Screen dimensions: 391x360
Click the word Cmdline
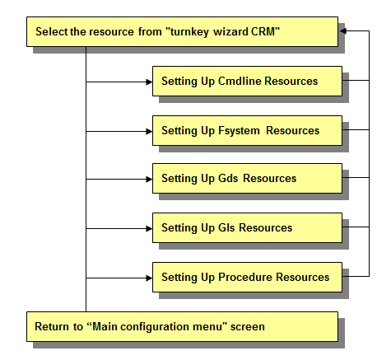pyautogui.click(x=240, y=81)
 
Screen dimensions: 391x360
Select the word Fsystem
pyautogui.click(x=239, y=131)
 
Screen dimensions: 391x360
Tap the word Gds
pyautogui.click(x=228, y=179)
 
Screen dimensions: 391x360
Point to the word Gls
pyautogui.click(x=226, y=227)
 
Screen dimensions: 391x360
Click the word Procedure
pyautogui.click(x=245, y=277)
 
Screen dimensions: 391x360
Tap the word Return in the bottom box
pyautogui.click(x=52, y=326)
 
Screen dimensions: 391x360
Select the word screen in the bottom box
pyautogui.click(x=248, y=327)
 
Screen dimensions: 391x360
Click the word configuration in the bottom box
pyautogui.click(x=155, y=327)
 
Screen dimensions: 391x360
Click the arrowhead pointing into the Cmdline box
pyautogui.click(x=149, y=82)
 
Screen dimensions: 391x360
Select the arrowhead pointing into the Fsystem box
pyautogui.click(x=149, y=132)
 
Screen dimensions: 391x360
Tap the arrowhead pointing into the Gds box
pyautogui.click(x=149, y=180)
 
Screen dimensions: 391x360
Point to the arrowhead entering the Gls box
pyautogui.click(x=149, y=228)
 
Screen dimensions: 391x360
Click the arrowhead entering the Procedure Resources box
pyautogui.click(x=149, y=278)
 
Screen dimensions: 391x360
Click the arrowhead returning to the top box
pyautogui.click(x=342, y=31)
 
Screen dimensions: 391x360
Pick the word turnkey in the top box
pyautogui.click(x=188, y=32)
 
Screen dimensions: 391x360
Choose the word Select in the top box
pyautogui.click(x=51, y=31)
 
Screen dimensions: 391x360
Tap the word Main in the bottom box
pyautogui.click(x=105, y=326)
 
